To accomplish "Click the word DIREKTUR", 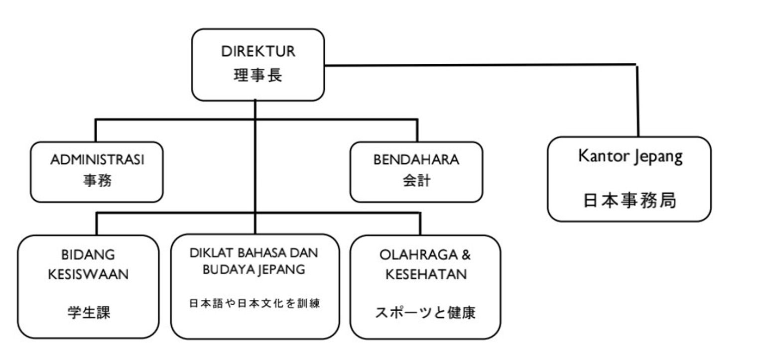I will click(258, 51).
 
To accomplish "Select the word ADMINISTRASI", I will click(97, 160).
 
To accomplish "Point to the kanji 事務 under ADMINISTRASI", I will click(97, 180).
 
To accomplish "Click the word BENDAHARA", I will click(416, 160).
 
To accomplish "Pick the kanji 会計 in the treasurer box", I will click(416, 180).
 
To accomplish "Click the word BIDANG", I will click(88, 255).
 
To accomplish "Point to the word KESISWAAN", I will click(88, 274).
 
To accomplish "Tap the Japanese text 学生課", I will click(89, 313).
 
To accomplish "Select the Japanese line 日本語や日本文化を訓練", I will click(254, 303).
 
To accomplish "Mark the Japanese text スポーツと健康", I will click(425, 313).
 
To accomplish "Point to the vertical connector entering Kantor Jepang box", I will click(637, 102).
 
